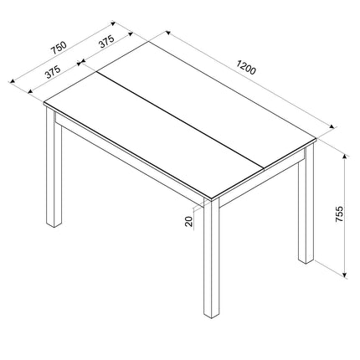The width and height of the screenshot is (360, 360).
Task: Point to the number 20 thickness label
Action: pos(192,220)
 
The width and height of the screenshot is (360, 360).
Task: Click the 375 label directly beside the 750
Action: pos(53,72)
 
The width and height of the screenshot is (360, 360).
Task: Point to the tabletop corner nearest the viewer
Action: pos(207,199)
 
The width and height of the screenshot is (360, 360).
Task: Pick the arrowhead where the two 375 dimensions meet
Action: pos(81,62)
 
